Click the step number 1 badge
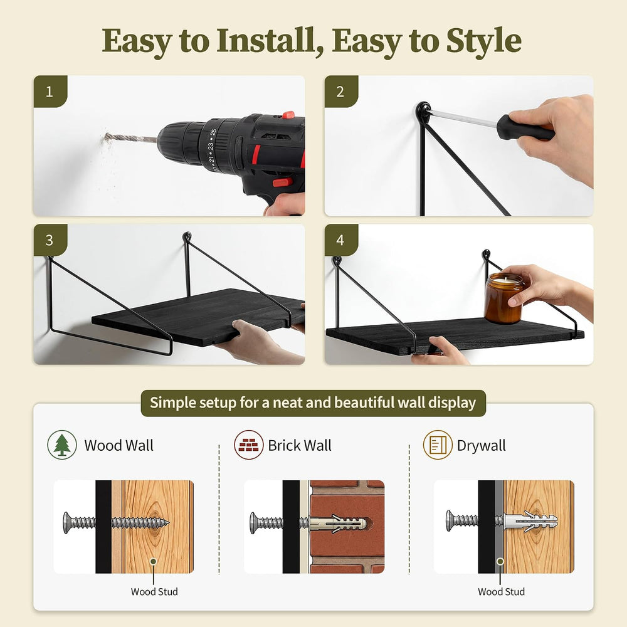tap(50, 92)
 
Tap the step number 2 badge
tap(340, 92)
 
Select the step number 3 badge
tap(50, 240)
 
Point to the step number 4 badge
tap(340, 240)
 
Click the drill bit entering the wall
tap(130, 139)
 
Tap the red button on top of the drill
tap(288, 115)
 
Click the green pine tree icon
tap(62, 445)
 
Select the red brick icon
tap(249, 445)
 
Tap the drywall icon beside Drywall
tap(438, 445)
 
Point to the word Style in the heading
tap(484, 41)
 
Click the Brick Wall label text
tap(300, 445)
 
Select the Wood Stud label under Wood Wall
tap(154, 591)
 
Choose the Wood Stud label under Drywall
tap(502, 591)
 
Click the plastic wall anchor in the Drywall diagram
tap(530, 522)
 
